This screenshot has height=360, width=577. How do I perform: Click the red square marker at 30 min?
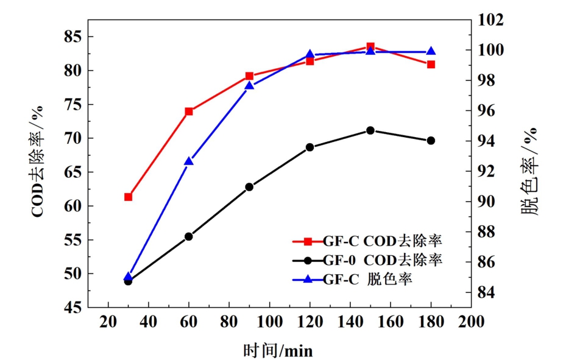point(128,197)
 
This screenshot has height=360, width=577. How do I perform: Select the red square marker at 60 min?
point(189,111)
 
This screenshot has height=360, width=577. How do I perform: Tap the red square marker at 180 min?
point(431,64)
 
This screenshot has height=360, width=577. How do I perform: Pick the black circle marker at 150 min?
point(370,130)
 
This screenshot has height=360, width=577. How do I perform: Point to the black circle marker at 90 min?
point(249,187)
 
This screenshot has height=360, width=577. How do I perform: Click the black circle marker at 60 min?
point(189,236)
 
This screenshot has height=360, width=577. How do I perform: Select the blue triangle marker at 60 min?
point(189,161)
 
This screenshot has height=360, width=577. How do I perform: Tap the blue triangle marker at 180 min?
point(431,52)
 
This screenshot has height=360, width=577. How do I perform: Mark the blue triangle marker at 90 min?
point(249,86)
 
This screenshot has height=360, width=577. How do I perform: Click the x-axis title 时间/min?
point(278,350)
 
